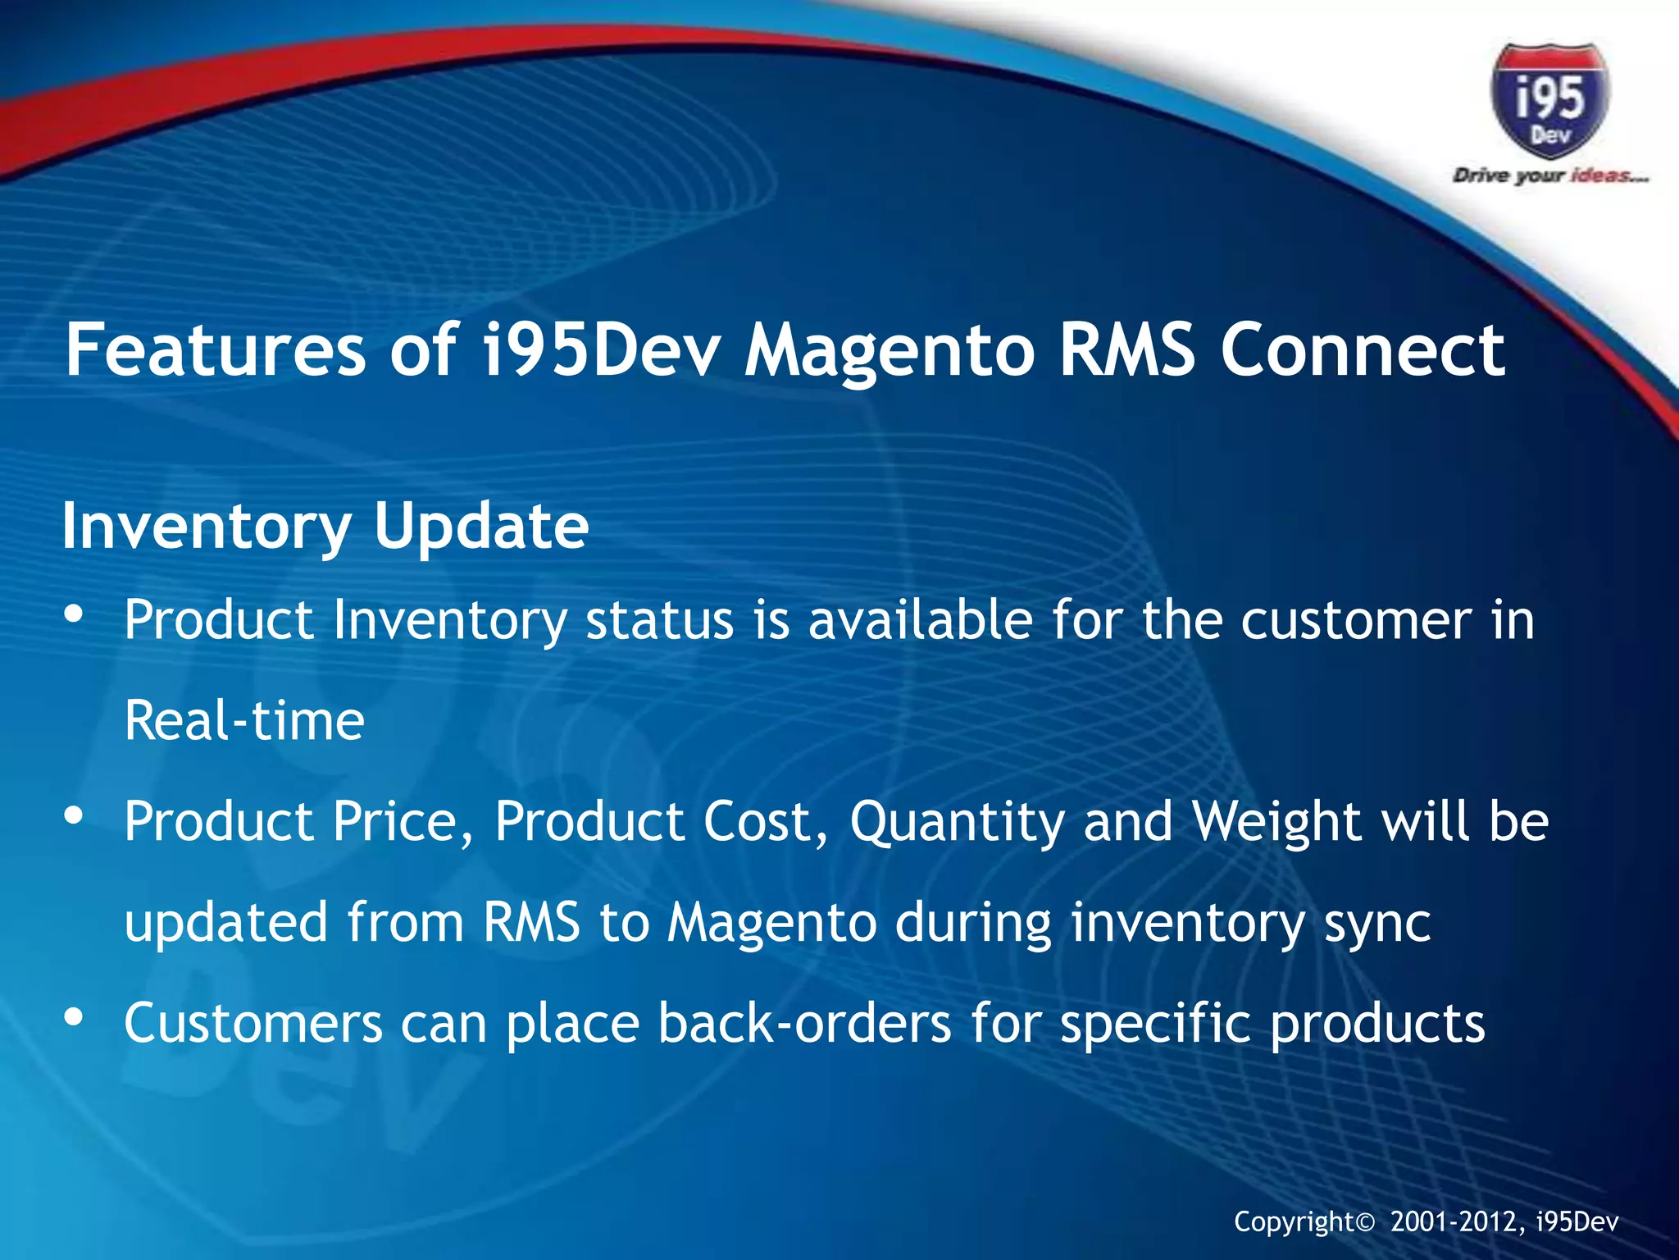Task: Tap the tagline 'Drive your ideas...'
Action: tap(1549, 176)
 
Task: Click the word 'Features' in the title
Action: tap(215, 350)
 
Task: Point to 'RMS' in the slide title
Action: tap(1126, 350)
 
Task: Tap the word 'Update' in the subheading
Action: tap(481, 526)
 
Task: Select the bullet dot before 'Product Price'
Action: tap(74, 815)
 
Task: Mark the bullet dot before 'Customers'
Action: tap(74, 1017)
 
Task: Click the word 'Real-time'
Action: tap(244, 720)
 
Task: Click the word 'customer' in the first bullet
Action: tap(1356, 621)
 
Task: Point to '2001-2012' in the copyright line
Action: tap(1458, 1221)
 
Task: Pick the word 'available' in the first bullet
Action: tap(920, 619)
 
